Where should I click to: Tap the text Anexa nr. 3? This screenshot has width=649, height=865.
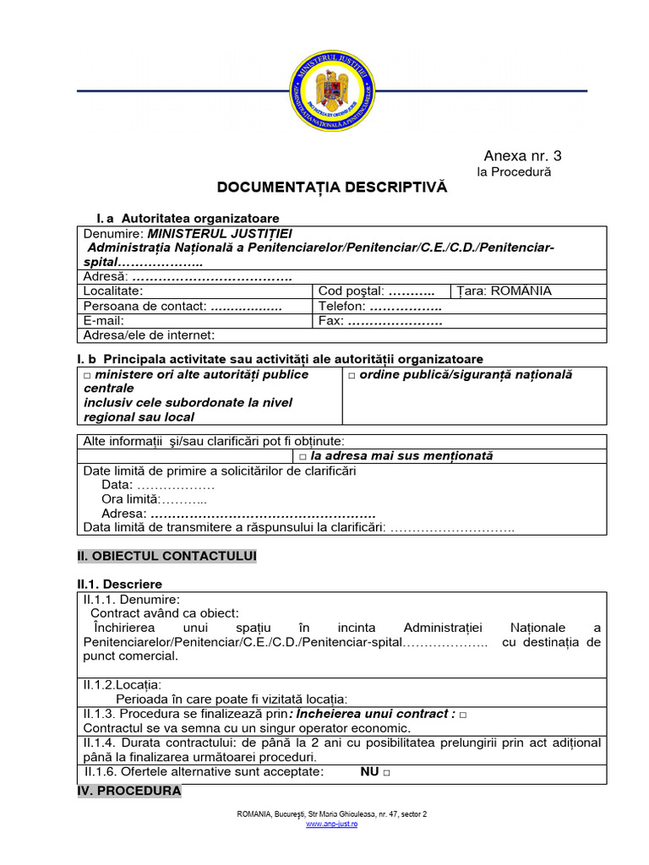click(521, 155)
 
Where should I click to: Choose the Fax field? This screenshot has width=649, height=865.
click(380, 321)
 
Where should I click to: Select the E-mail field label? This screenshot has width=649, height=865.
click(104, 321)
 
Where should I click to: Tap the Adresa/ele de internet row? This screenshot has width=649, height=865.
click(149, 335)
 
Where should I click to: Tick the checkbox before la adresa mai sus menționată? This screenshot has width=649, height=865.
click(303, 457)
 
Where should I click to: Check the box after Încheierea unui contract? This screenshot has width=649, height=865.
click(463, 715)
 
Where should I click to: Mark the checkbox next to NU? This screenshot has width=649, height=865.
click(386, 773)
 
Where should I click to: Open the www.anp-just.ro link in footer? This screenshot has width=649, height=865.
click(331, 824)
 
